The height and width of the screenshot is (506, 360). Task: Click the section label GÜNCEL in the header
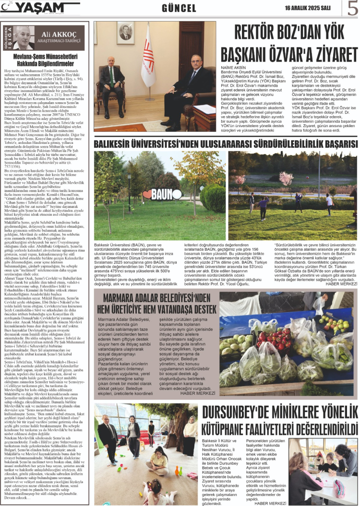pos(179,9)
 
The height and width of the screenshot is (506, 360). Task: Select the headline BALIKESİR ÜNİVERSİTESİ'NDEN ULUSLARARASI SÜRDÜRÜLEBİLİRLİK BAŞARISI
pos(226,143)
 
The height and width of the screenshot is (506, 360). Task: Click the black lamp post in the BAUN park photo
pos(194,192)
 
